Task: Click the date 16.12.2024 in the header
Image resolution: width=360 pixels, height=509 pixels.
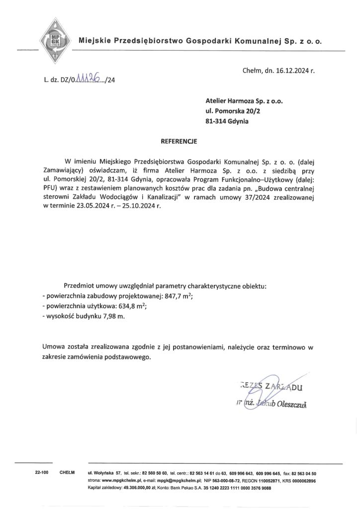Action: pos(291,71)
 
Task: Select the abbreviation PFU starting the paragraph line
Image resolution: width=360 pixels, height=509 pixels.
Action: pos(50,189)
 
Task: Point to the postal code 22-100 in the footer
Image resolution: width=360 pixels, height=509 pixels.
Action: pos(41,473)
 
